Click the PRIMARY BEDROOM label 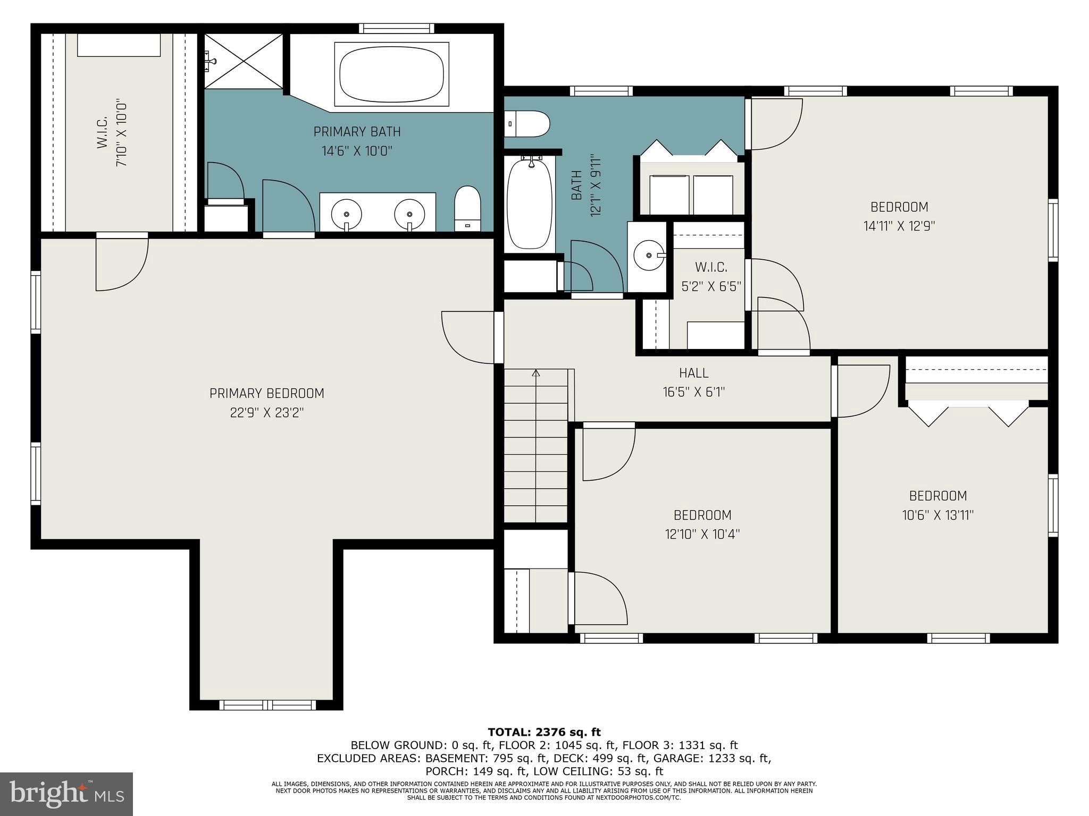[x=266, y=394]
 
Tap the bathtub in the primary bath [x=391, y=74]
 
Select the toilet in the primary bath [x=467, y=208]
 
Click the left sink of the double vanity [x=346, y=214]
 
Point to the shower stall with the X [x=244, y=61]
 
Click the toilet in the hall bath [x=526, y=124]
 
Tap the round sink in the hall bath [x=648, y=256]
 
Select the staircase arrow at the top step [x=536, y=373]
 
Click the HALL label [x=693, y=373]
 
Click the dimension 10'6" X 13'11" [x=937, y=515]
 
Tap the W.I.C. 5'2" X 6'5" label [x=711, y=277]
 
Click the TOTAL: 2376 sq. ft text [x=544, y=733]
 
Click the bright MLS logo [x=66, y=794]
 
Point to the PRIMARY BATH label [x=357, y=132]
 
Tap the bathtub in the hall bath [x=529, y=205]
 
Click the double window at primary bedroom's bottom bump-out [x=268, y=705]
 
